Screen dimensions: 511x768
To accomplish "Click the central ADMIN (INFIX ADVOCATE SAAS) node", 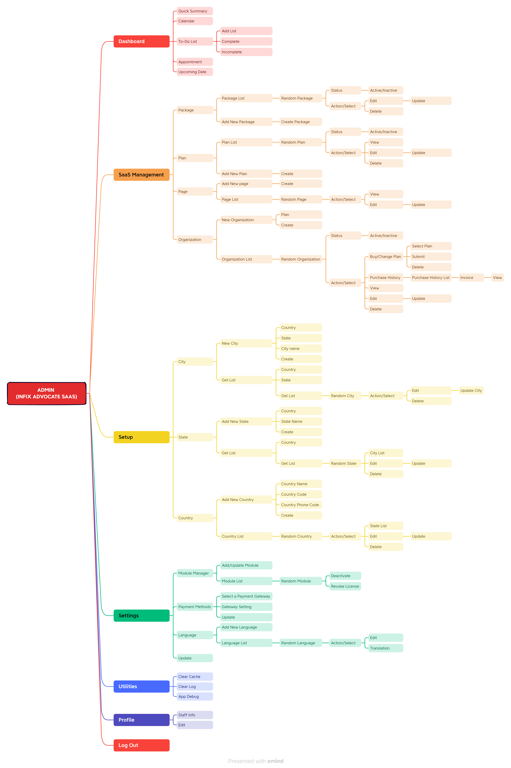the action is [x=47, y=393].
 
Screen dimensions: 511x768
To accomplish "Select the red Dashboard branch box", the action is [x=141, y=41].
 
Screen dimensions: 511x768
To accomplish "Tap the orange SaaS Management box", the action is [x=141, y=175].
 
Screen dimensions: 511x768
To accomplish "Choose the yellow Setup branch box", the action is [x=141, y=437].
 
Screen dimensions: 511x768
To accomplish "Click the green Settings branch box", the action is [x=141, y=616].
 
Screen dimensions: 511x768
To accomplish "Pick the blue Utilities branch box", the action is [x=141, y=686].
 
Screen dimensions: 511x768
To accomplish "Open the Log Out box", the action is [x=141, y=745].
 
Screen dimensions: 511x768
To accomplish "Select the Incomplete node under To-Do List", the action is [x=246, y=52].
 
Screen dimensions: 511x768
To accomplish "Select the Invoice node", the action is [x=471, y=278].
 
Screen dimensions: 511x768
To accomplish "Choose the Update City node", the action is [x=471, y=390].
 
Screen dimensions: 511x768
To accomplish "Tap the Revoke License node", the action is [x=345, y=586].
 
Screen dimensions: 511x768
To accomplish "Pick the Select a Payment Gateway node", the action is [x=246, y=596].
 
